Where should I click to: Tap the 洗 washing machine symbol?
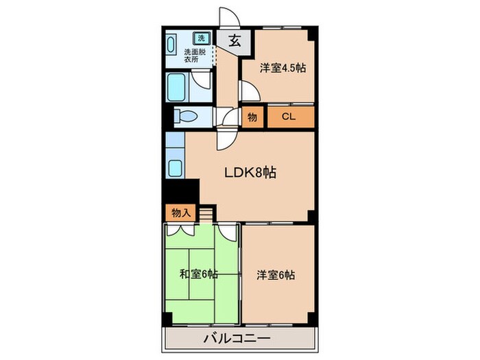pos(202,38)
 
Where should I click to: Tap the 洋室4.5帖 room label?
pos(282,69)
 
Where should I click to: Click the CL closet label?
pos(289,117)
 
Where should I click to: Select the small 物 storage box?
pos(252,117)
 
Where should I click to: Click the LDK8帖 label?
pos(250,173)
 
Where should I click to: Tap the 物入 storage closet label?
pos(181,213)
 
